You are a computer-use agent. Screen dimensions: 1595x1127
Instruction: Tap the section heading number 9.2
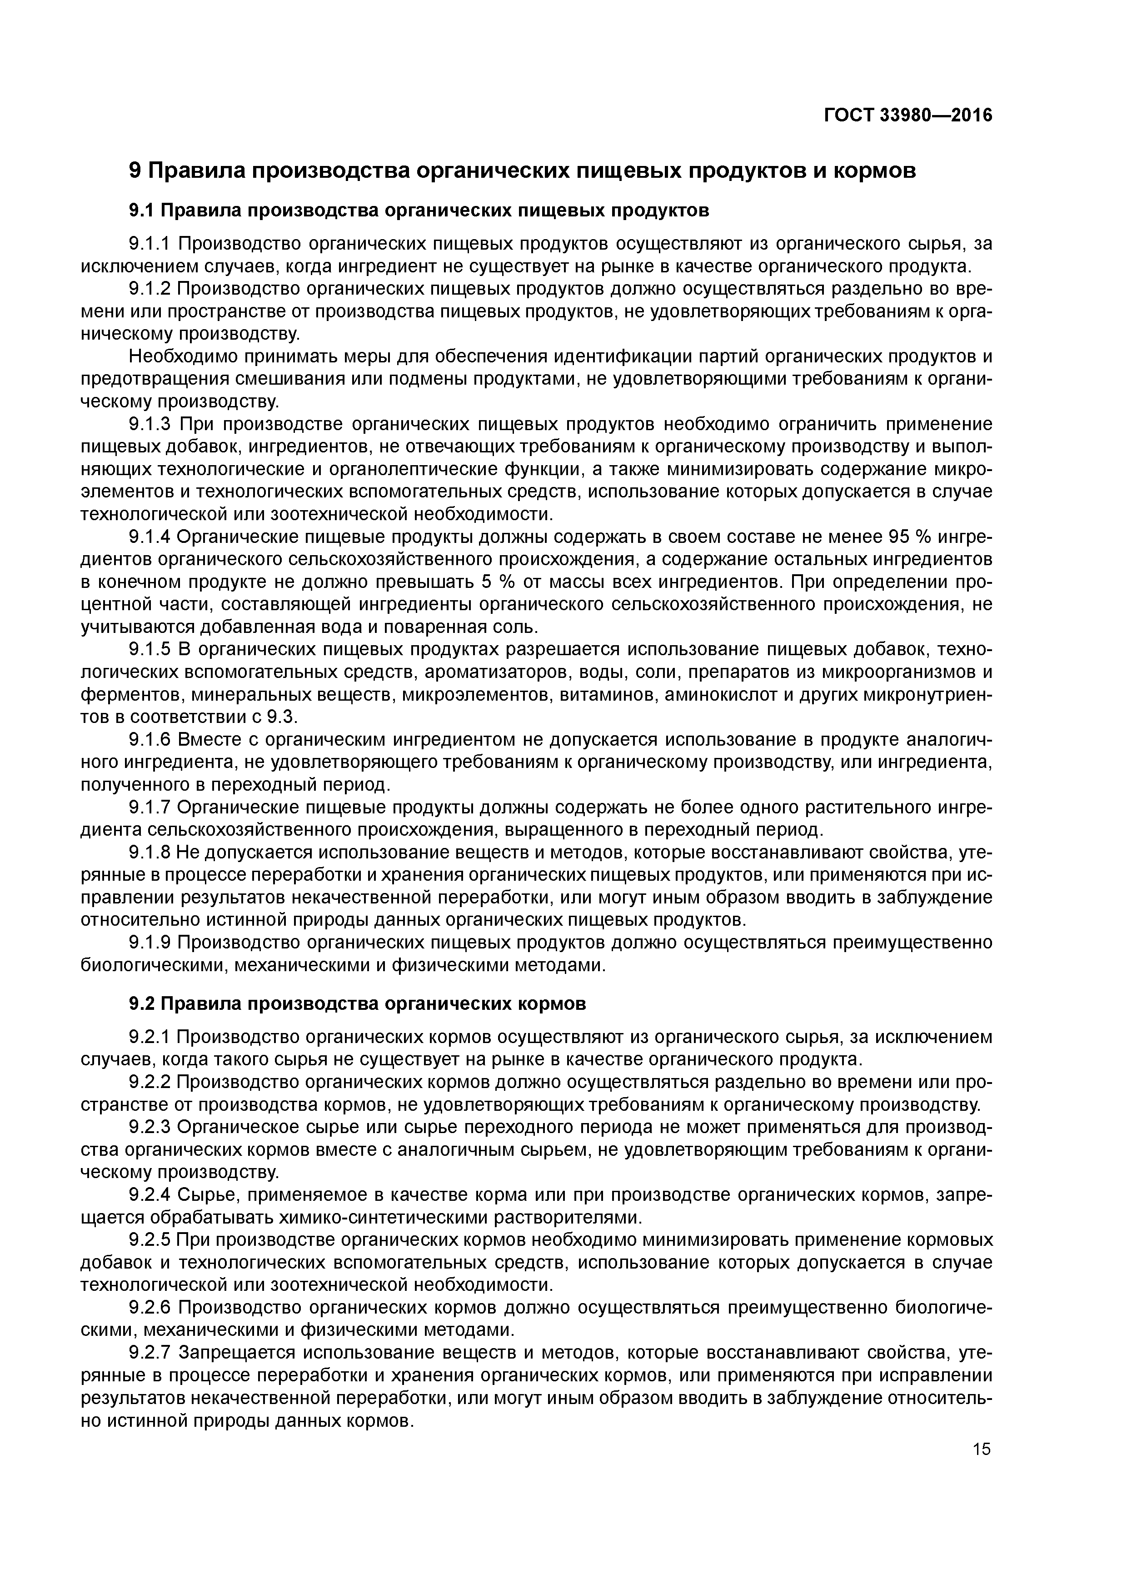point(145,1004)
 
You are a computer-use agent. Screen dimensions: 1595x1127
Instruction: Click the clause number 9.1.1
point(150,244)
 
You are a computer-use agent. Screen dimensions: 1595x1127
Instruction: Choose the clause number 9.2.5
point(150,1240)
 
